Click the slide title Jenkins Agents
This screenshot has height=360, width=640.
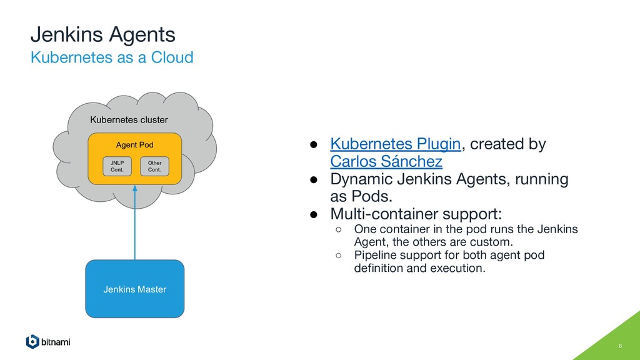tap(103, 34)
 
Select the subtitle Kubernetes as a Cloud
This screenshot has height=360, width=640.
tap(112, 58)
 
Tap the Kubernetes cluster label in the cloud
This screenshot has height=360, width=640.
tap(129, 119)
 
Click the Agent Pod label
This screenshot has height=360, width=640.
tap(134, 145)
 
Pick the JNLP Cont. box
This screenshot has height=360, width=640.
tap(117, 166)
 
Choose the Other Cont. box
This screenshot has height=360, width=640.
tap(154, 166)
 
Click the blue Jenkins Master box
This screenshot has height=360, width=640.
tap(134, 289)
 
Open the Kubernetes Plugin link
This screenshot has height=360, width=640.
tap(395, 144)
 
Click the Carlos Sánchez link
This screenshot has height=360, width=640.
tap(386, 162)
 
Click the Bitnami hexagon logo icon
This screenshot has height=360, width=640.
tap(32, 342)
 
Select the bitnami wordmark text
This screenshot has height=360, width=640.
tap(56, 342)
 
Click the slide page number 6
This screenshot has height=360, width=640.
tap(620, 347)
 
